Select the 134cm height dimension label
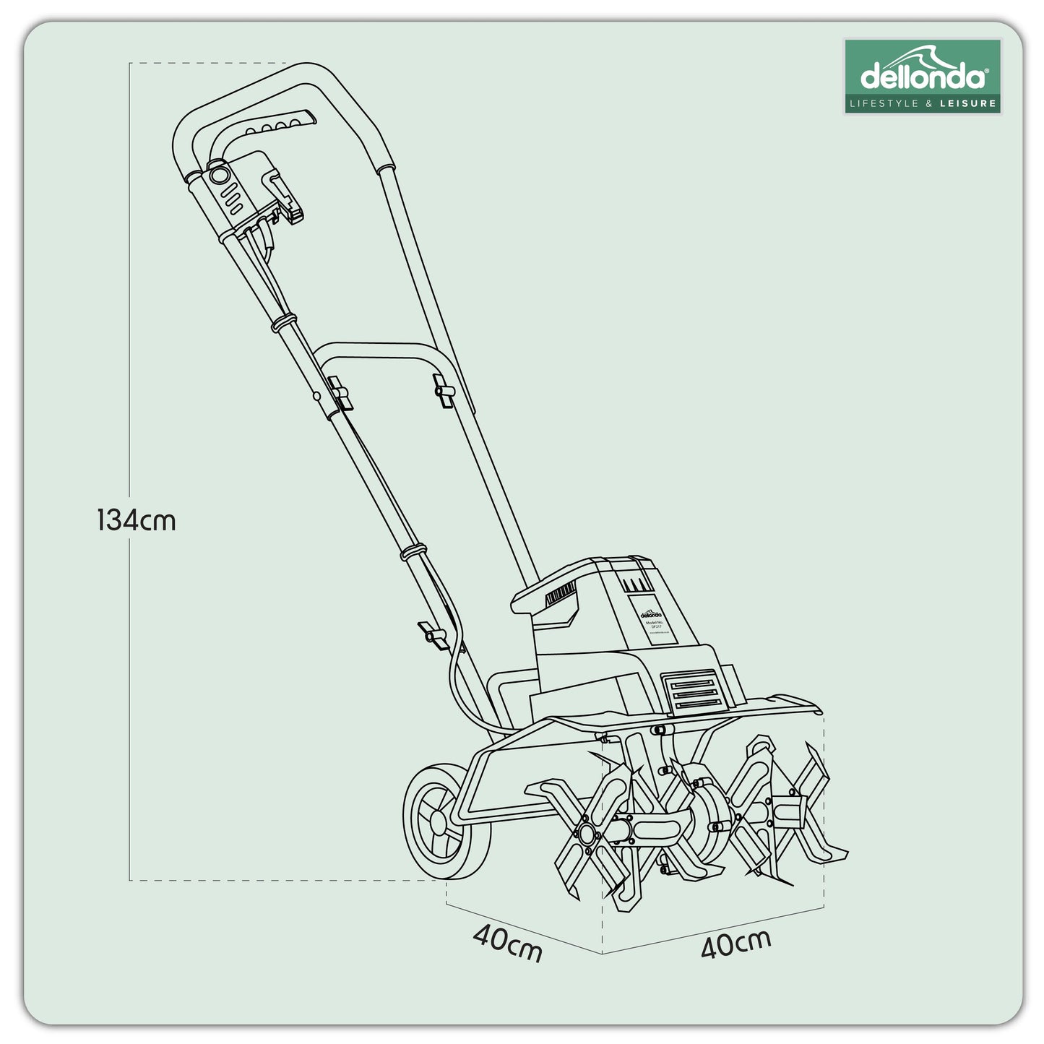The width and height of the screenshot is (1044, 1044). [x=137, y=519]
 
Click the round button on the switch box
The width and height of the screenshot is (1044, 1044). [x=217, y=176]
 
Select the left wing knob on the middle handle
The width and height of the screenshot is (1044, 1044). [x=337, y=391]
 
